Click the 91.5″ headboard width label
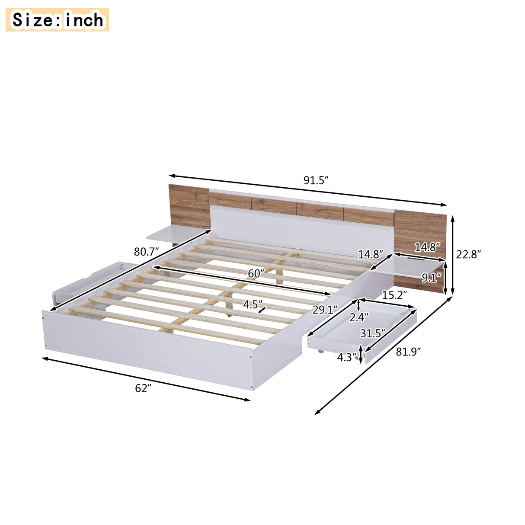[x=316, y=181]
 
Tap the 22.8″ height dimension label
[x=468, y=254]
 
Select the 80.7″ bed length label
[x=146, y=252]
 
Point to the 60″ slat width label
[x=256, y=273]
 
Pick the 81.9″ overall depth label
[x=409, y=352]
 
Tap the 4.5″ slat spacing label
[x=252, y=304]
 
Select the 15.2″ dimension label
[x=394, y=295]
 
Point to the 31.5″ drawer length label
[x=373, y=333]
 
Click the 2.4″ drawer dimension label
[x=359, y=318]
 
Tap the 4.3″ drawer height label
[x=347, y=358]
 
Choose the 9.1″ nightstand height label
[x=431, y=278]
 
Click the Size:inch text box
[x=58, y=20]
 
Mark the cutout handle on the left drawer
[x=94, y=276]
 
